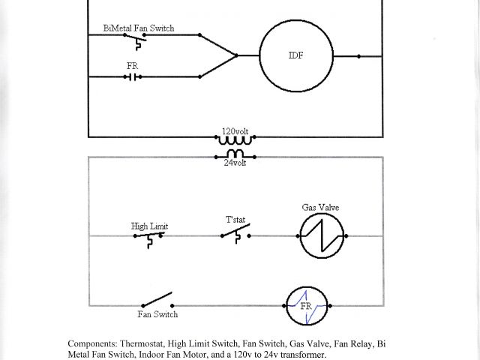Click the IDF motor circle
[297, 55]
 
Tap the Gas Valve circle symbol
[321, 235]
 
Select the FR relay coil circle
[308, 306]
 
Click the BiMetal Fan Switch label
[139, 28]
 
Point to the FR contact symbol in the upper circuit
[133, 76]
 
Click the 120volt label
[235, 130]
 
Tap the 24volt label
[235, 161]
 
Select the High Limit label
[149, 226]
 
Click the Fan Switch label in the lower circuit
[157, 314]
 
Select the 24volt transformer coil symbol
[235, 154]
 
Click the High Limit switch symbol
[149, 238]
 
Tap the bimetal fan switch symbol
[138, 37]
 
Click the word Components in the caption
[92, 343]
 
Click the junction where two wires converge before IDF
[236, 55]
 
